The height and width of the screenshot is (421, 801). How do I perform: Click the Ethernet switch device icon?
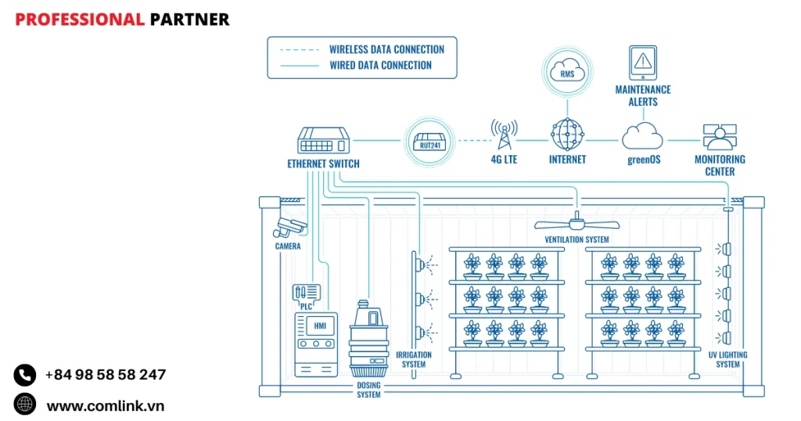click(323, 141)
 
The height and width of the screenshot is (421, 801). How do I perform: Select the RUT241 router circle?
click(428, 141)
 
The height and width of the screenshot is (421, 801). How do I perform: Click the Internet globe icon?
click(567, 135)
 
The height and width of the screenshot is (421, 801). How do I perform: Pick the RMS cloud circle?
click(567, 74)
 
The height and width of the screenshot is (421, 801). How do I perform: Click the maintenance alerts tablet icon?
click(642, 62)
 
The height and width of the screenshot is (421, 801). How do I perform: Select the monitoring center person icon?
click(719, 136)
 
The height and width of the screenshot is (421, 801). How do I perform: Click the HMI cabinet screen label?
click(319, 326)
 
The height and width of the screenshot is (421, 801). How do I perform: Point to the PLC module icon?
click(306, 293)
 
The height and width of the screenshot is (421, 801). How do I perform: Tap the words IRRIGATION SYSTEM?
click(414, 360)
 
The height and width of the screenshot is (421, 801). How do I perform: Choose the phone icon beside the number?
click(25, 375)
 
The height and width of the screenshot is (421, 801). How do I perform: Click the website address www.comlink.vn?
click(105, 405)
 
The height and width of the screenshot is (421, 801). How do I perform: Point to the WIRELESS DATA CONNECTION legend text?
click(386, 49)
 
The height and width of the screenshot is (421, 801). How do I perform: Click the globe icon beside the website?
click(25, 405)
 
